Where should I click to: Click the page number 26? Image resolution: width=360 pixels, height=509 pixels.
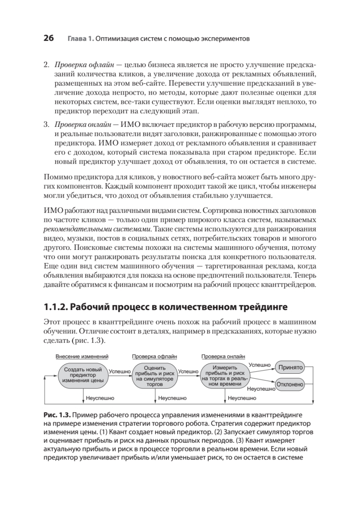(48, 38)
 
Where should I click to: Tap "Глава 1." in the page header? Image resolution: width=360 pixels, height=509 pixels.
(80, 39)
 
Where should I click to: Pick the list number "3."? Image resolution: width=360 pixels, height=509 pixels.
(47, 125)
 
